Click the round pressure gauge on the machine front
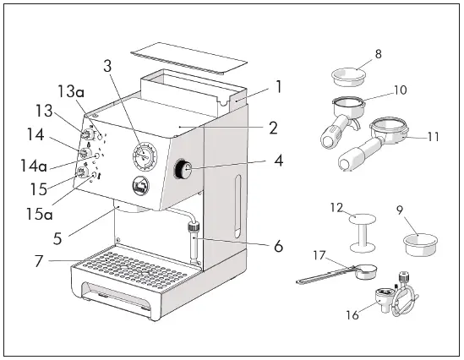(x=145, y=157)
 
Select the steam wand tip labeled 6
(x=194, y=245)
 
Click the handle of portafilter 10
(x=330, y=136)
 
